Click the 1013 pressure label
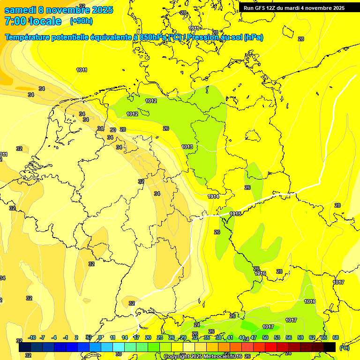coord(187,147)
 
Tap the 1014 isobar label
coord(213,196)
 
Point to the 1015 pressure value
coord(235,214)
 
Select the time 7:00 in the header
coord(15,21)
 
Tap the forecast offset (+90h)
coord(81,21)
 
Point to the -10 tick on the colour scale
coord(32,337)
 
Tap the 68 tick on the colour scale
coord(335,337)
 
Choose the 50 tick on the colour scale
coord(265,337)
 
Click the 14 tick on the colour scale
coord(125,337)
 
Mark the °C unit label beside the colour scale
coord(344,347)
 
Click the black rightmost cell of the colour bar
coord(330,347)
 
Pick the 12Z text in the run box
coord(275,8)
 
